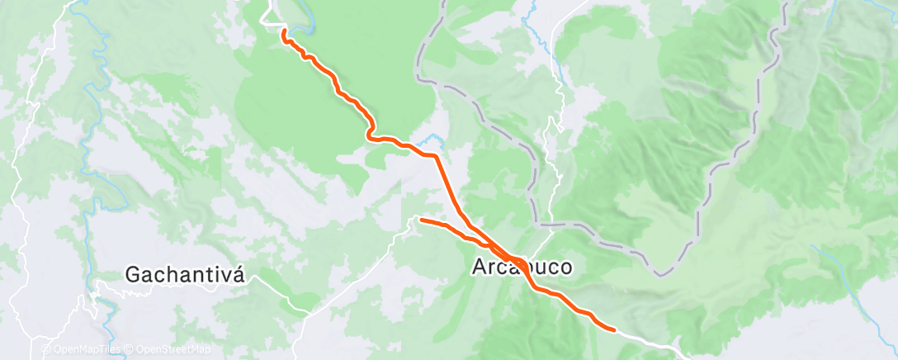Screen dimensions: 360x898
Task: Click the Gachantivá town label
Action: (186, 275)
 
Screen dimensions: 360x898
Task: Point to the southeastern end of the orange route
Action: (614, 329)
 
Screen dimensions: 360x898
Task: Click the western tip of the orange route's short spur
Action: (421, 220)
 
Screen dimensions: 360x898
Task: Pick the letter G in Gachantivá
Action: (133, 275)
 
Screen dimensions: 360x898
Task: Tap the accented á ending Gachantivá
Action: (239, 274)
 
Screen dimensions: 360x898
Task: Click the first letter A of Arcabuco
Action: (479, 268)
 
